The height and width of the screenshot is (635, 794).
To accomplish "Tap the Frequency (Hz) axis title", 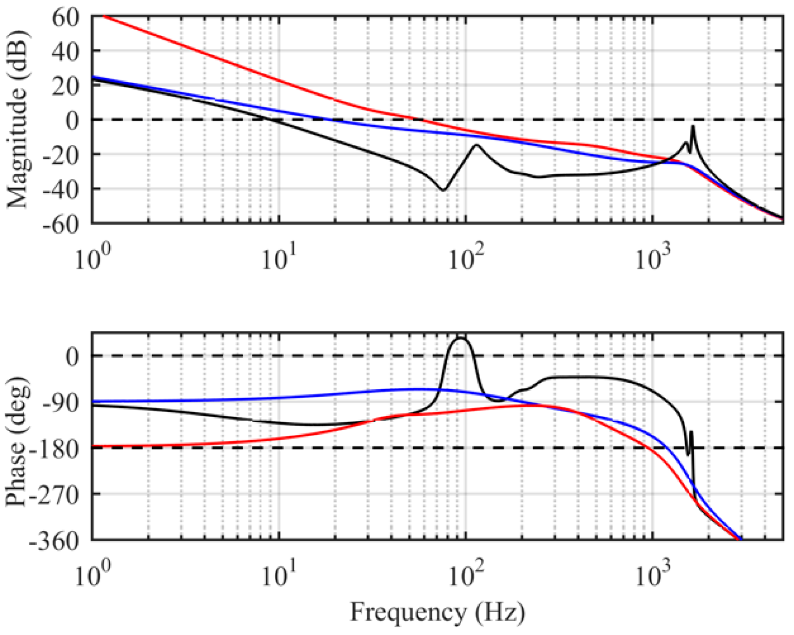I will [437, 612].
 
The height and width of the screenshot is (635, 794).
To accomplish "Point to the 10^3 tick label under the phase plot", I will [653, 576].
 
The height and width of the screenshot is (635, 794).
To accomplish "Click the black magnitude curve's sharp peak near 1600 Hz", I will [693, 126].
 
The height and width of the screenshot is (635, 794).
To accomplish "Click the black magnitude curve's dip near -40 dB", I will [443, 190].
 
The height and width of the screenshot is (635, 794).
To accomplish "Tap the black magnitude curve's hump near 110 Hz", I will [476, 145].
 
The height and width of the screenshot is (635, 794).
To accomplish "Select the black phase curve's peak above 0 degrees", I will [460, 338].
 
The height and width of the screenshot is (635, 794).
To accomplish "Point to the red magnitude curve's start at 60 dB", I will [103, 16].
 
